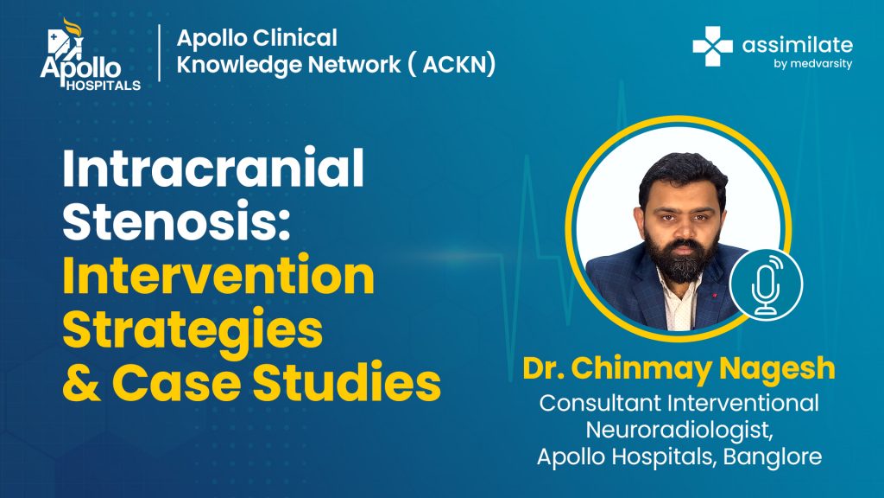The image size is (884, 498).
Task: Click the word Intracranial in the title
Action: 213,169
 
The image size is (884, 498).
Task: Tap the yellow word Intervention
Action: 218,275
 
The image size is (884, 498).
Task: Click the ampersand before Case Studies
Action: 81,381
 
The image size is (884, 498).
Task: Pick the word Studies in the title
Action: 346,381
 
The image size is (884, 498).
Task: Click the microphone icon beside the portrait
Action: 766,285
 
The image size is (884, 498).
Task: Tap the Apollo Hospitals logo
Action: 90,55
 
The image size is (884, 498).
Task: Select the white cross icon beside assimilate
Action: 712,47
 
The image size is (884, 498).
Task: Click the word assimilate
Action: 797,45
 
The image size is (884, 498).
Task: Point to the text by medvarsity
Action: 812,64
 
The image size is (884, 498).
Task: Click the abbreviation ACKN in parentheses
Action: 458,64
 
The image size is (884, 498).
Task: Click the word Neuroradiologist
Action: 679,431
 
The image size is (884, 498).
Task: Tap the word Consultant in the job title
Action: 600,403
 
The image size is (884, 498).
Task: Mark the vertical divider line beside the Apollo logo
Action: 160,53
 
